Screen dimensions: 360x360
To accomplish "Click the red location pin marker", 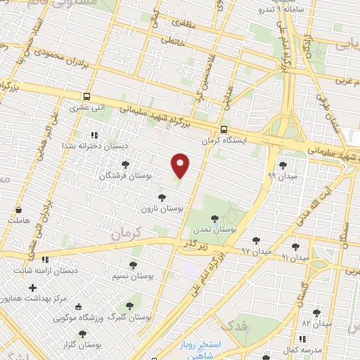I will point(181,165).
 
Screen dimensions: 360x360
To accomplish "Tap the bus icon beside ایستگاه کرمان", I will point(224,129).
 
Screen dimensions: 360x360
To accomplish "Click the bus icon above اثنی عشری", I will point(86,97).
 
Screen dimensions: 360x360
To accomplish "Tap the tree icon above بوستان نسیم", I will point(133,265).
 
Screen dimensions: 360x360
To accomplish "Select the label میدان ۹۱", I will point(295,258).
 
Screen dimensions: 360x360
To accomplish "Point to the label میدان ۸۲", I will point(316,323).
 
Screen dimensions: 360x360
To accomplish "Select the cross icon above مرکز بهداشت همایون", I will point(32,288).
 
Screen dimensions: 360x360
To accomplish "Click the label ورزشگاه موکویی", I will point(78,317).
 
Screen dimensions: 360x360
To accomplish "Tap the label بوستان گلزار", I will point(81,345).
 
